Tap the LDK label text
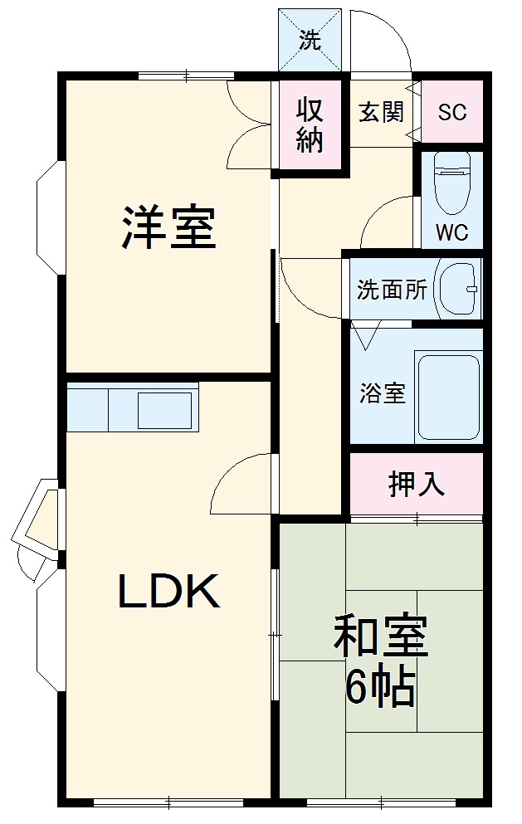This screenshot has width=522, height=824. pyautogui.click(x=168, y=592)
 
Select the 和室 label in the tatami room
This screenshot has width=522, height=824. pyautogui.click(x=381, y=636)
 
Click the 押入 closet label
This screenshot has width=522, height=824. pyautogui.click(x=417, y=484)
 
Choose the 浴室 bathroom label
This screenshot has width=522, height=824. pyautogui.click(x=383, y=393)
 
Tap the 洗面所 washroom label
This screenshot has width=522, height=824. pyautogui.click(x=392, y=290)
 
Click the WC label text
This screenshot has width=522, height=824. pyautogui.click(x=452, y=232)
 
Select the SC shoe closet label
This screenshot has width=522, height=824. pyautogui.click(x=452, y=112)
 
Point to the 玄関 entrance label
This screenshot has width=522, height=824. pyautogui.click(x=381, y=112)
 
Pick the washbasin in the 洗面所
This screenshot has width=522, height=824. pyautogui.click(x=457, y=288)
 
